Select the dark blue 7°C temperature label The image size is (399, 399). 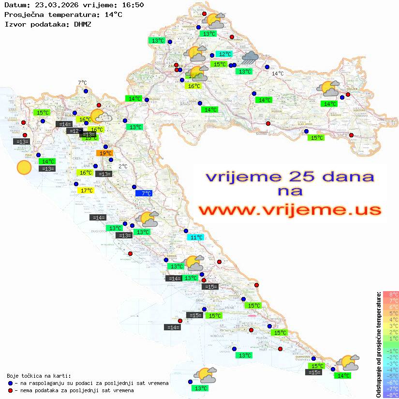point(144,193)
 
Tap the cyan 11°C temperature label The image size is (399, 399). point(196,237)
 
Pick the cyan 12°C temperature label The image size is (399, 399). point(223,54)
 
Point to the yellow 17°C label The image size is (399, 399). point(86,190)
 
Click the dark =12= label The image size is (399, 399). point(74,131)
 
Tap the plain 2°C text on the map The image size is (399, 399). point(123,166)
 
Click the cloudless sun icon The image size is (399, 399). point(24,167)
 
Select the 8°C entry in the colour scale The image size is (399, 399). point(390,294)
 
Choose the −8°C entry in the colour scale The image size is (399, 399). point(390,395)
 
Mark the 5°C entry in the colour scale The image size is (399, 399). point(390,313)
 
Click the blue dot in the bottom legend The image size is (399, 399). point(11,383)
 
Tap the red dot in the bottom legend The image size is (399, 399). point(11,390)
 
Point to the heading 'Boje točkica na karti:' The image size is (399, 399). point(39,376)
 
